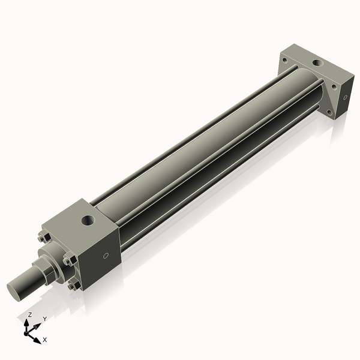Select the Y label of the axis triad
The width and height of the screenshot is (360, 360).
point(45,319)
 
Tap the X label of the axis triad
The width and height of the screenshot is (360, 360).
point(45,340)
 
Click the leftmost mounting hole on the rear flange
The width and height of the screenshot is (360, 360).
point(283,59)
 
